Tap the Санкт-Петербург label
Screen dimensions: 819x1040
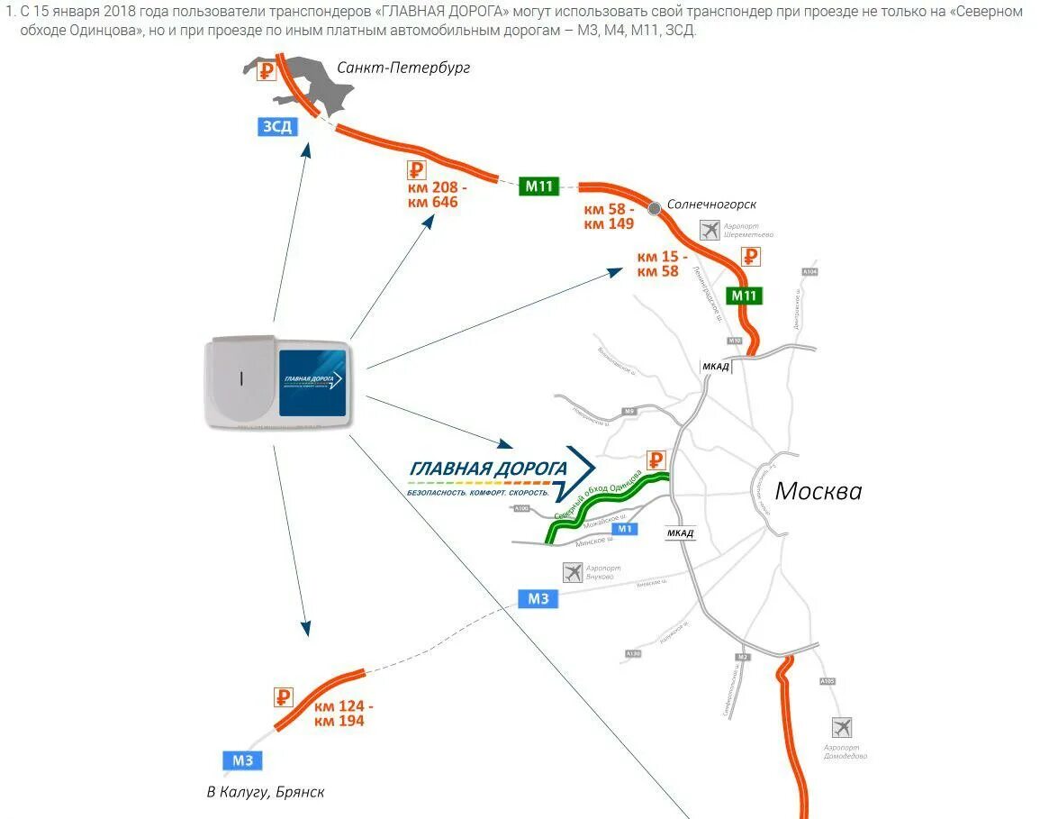point(403,68)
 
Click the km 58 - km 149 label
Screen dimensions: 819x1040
point(610,216)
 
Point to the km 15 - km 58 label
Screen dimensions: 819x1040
point(662,263)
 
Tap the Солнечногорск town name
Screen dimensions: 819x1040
point(711,205)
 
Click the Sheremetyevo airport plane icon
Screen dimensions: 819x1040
point(710,230)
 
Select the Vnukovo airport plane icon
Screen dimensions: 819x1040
point(573,571)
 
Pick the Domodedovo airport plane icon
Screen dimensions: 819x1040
point(842,727)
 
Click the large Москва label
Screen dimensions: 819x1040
point(818,491)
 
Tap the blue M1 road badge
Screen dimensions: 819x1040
point(626,529)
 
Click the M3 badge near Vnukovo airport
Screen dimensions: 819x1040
point(538,598)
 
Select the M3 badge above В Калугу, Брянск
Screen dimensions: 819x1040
point(243,760)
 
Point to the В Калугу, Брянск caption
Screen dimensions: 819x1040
point(265,792)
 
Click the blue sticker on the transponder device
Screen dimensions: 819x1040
point(312,382)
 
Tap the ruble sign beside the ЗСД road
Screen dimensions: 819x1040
point(267,71)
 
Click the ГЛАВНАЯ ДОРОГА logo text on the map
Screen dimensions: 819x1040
point(488,469)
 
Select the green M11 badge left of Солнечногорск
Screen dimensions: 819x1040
point(539,187)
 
